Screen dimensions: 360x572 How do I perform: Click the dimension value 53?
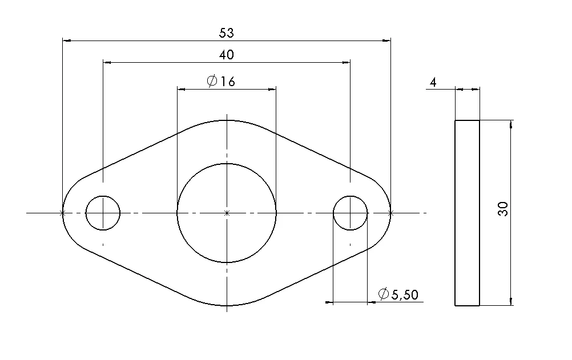pyautogui.click(x=227, y=33)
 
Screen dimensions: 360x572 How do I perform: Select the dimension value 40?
pyautogui.click(x=227, y=54)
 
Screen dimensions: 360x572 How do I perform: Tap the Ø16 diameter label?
pyautogui.click(x=220, y=82)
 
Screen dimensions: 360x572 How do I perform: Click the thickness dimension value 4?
pyautogui.click(x=433, y=83)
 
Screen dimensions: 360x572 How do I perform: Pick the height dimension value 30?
pyautogui.click(x=503, y=209)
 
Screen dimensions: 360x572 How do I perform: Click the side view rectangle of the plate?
pyautogui.click(x=467, y=213)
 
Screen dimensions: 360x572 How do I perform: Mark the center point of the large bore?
pyautogui.click(x=227, y=213)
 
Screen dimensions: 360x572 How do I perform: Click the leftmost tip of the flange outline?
pyautogui.click(x=62, y=213)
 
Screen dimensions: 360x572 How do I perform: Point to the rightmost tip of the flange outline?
pyautogui.click(x=391, y=213)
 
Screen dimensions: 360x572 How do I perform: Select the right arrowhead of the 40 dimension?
pyautogui.click(x=346, y=62)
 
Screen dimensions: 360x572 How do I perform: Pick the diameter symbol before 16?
pyautogui.click(x=212, y=82)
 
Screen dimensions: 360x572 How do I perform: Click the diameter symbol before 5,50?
pyautogui.click(x=384, y=294)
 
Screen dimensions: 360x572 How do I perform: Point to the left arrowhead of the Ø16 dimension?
pyautogui.click(x=181, y=89)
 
